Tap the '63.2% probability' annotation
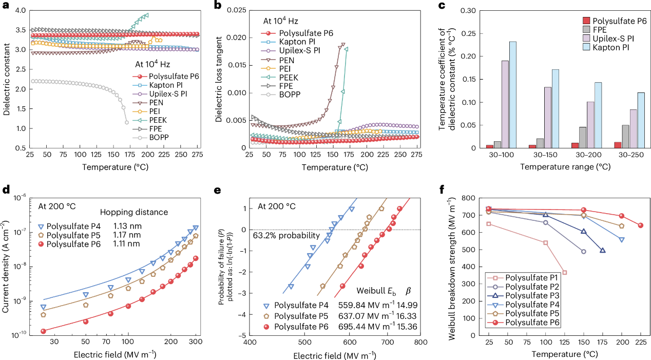click(285, 236)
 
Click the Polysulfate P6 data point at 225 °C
click(640, 225)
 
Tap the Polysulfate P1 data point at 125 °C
click(564, 272)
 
